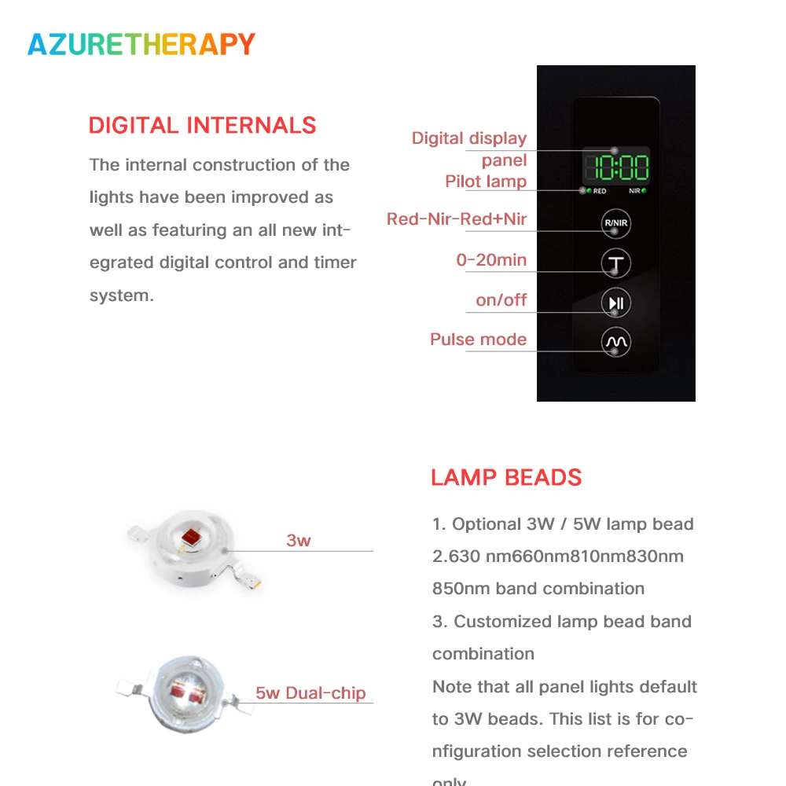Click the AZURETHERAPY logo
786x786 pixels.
coord(141,44)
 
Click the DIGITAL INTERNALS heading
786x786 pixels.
coord(202,126)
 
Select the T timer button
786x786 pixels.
coord(615,263)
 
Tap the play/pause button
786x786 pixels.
coord(615,303)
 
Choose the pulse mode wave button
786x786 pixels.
coord(615,342)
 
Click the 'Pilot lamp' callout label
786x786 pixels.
coord(486,182)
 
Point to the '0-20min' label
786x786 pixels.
coord(491,260)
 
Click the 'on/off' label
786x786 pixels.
coord(501,300)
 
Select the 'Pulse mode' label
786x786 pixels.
coord(478,340)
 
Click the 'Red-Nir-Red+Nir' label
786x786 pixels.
coord(457,219)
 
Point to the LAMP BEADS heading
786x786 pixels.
coord(506,478)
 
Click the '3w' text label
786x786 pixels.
coord(299,541)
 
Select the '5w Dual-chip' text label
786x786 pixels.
coord(310,693)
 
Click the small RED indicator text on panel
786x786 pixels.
coord(600,191)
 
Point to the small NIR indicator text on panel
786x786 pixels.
coord(634,191)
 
